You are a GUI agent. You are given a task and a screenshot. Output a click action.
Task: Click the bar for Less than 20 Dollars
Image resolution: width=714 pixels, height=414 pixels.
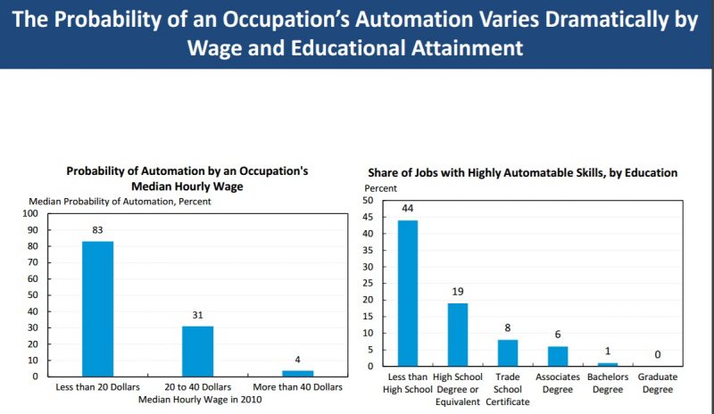(x=98, y=308)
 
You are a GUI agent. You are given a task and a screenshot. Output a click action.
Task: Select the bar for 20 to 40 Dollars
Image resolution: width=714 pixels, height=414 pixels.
(x=198, y=350)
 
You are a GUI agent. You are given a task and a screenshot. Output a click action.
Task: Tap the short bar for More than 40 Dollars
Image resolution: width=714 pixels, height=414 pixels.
(x=298, y=372)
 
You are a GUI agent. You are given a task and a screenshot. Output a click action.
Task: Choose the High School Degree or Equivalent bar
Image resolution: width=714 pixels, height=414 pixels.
(x=458, y=335)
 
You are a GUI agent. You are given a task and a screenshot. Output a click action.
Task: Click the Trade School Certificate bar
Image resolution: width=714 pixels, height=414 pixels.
(x=507, y=352)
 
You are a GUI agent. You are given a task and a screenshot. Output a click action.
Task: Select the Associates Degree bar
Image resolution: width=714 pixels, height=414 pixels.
(x=557, y=356)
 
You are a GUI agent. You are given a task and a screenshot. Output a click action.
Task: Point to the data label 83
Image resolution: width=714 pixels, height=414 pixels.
(x=98, y=230)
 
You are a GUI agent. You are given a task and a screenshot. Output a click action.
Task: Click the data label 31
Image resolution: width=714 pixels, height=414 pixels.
(x=198, y=314)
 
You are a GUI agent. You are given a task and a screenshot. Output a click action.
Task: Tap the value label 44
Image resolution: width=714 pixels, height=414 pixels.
(x=408, y=209)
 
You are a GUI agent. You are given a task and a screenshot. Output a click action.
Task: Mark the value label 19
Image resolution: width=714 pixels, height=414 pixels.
(x=458, y=292)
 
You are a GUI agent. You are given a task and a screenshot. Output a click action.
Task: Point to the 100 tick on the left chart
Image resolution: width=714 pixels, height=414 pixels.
(x=31, y=214)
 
